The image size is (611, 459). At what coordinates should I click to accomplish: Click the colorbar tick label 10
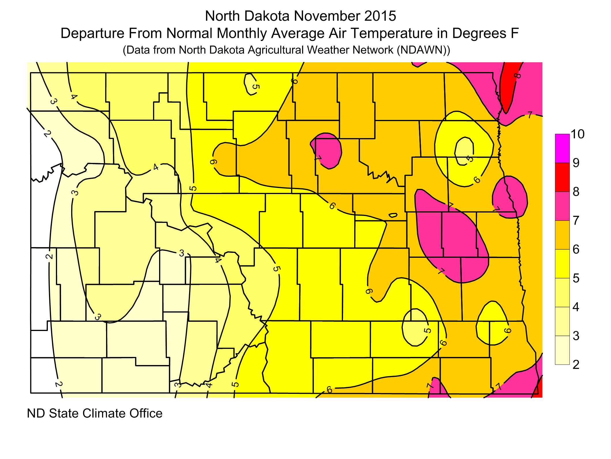[577, 134]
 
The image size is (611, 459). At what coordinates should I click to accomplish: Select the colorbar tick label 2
[576, 365]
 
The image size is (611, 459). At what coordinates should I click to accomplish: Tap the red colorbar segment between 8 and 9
[562, 177]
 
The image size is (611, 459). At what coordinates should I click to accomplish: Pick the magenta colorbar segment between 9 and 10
[562, 148]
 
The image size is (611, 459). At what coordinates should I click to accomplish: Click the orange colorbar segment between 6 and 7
[562, 235]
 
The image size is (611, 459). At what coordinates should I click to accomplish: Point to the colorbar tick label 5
[576, 278]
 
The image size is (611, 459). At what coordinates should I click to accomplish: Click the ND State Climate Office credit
[95, 413]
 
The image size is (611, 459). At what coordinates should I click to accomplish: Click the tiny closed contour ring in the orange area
[393, 215]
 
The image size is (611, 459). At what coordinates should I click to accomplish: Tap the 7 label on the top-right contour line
[530, 115]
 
